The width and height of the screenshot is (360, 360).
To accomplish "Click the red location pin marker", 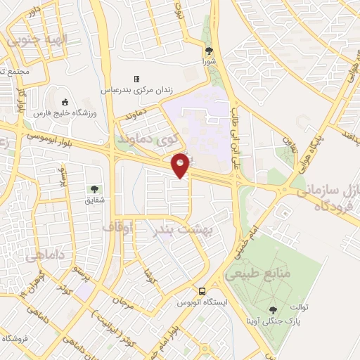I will (181, 165).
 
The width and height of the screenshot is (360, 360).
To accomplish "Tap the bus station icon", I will (202, 291).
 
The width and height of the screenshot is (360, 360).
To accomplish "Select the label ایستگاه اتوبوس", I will (202, 303).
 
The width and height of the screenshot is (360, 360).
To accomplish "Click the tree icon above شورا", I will (209, 51).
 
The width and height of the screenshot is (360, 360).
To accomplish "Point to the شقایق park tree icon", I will (94, 188).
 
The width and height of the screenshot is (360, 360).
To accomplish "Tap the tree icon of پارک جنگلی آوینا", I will (272, 309).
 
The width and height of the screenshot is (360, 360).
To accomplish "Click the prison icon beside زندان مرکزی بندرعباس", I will (136, 79).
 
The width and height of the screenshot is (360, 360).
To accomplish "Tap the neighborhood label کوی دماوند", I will (151, 139).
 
